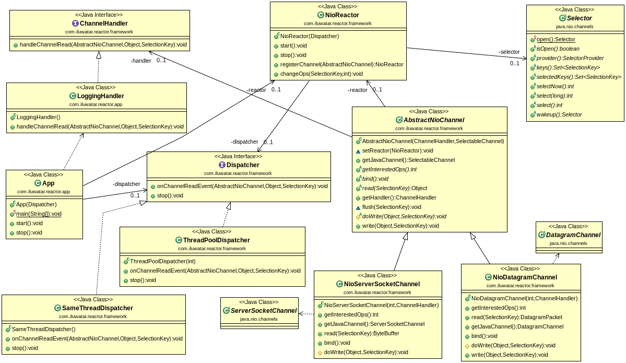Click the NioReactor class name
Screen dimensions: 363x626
341,15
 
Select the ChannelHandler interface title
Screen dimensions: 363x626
103,24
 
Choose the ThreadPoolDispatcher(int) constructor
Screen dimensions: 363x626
162,261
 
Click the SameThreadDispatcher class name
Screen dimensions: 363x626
98,308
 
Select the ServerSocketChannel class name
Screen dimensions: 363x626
263,311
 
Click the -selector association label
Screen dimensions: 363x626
509,52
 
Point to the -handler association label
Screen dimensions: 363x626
140,61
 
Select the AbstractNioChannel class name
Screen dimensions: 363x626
434,120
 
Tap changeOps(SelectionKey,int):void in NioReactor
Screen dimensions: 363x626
321,74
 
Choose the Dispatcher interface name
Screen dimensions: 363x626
243,165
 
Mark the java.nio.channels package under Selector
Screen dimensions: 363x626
574,26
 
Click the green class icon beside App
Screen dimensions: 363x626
38,183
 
